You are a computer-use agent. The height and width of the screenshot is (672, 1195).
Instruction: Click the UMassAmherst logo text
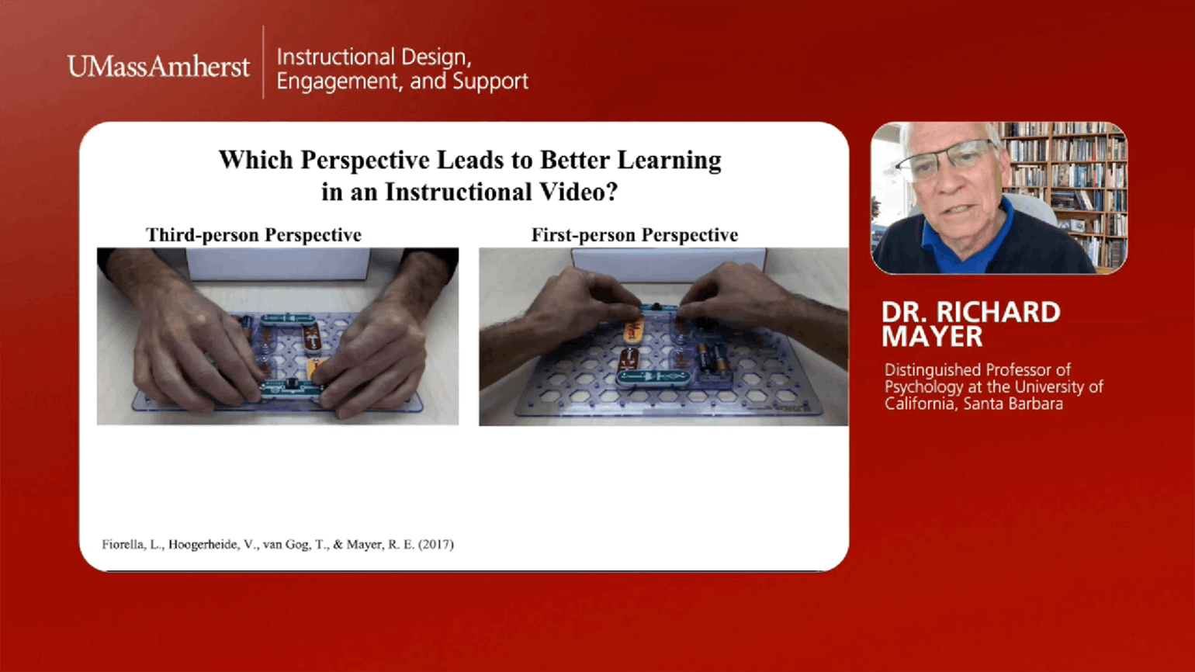[x=158, y=67]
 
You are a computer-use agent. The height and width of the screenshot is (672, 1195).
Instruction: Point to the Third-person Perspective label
[x=254, y=234]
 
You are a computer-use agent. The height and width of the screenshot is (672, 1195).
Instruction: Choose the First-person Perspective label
[x=635, y=234]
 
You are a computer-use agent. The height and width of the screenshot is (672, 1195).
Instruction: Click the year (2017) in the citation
[x=436, y=544]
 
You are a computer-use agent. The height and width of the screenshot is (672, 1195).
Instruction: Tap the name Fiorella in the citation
[x=122, y=544]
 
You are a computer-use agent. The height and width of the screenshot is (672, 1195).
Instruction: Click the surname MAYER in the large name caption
[x=932, y=337]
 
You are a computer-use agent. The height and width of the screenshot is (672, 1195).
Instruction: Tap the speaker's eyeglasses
[x=947, y=158]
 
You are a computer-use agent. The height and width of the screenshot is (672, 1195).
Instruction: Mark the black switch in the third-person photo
[x=293, y=385]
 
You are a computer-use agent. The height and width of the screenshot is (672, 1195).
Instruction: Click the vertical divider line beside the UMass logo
[x=264, y=62]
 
